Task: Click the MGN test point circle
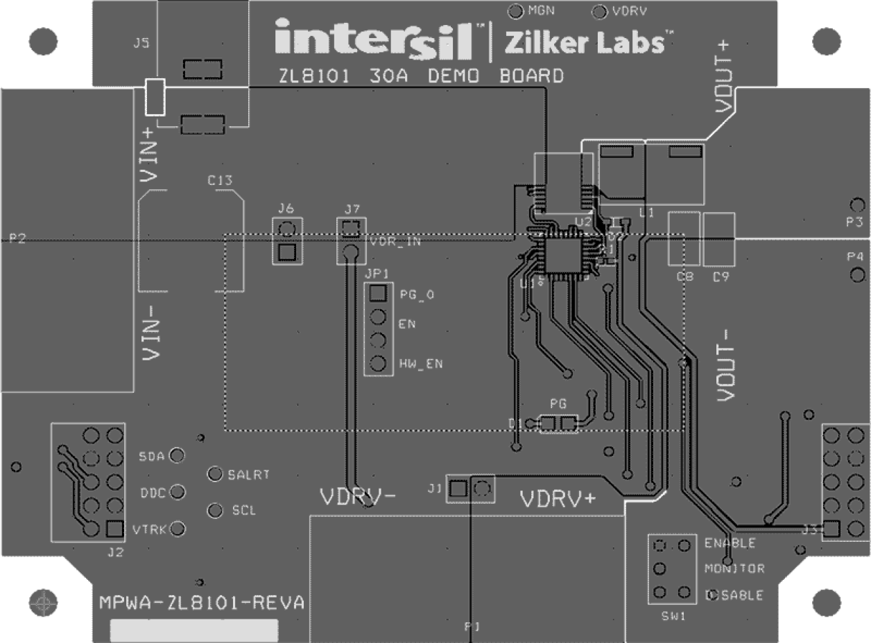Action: (x=516, y=12)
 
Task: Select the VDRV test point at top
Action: (x=600, y=12)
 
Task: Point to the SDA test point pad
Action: (x=177, y=456)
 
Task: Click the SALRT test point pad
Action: (x=216, y=475)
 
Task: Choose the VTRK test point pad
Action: (x=178, y=529)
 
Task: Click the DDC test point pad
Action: (x=177, y=492)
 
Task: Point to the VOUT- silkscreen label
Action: (x=725, y=364)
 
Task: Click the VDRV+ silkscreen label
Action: (x=558, y=499)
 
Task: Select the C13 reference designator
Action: (x=220, y=181)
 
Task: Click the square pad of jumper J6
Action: (x=286, y=252)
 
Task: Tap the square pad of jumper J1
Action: (x=456, y=489)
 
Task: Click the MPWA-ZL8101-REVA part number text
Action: (x=201, y=602)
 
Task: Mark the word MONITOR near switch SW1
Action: (x=734, y=569)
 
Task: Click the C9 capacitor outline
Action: (x=718, y=239)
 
